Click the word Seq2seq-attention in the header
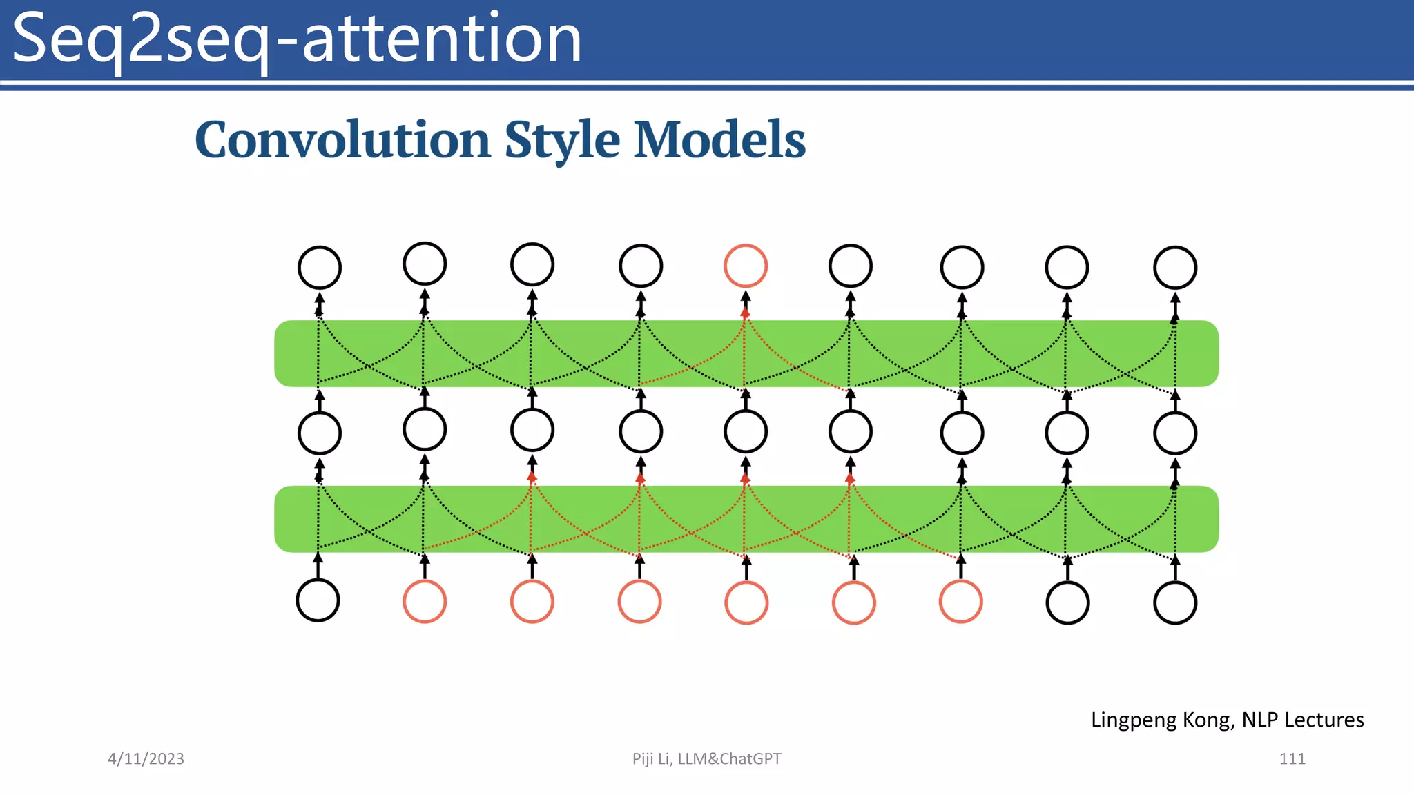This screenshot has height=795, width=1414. [297, 40]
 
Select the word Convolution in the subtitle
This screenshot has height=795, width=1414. [342, 140]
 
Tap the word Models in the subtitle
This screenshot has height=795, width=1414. [719, 140]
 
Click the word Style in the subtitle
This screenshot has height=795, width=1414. [562, 140]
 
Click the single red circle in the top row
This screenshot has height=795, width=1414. [746, 266]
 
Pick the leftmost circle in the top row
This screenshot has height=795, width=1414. [319, 268]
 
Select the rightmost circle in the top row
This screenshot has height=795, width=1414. [1175, 268]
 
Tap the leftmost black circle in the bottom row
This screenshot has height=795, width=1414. [318, 600]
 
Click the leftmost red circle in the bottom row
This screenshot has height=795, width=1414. [425, 602]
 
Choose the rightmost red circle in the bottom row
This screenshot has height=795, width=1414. [961, 602]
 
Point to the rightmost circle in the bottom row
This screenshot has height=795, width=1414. [1175, 603]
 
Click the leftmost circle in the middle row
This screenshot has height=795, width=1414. [319, 433]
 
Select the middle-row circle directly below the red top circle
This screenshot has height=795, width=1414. [746, 432]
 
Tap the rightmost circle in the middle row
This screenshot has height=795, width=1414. [1175, 433]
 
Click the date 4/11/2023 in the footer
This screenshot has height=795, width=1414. [146, 759]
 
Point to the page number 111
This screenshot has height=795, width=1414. [1292, 759]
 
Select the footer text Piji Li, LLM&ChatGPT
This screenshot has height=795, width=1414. [706, 759]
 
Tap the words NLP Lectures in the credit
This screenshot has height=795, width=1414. [1303, 720]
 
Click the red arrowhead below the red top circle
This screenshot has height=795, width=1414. [746, 313]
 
